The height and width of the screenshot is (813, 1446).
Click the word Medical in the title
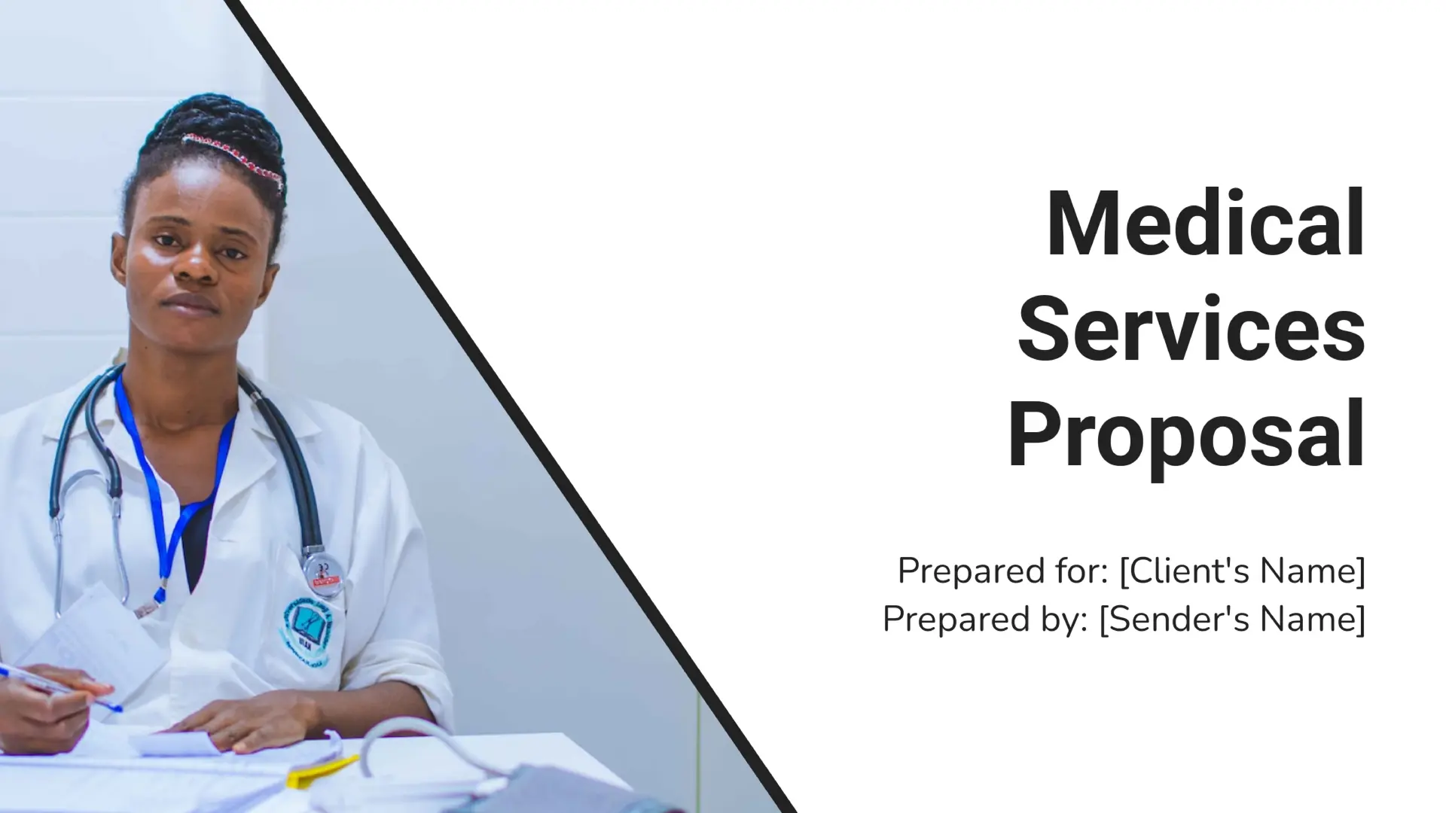click(x=1205, y=224)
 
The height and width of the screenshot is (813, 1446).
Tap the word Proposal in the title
click(x=1186, y=437)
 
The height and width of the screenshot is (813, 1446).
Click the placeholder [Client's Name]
click(x=1242, y=571)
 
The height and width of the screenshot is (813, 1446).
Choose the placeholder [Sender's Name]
click(x=1232, y=620)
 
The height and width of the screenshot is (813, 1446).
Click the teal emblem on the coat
click(x=309, y=625)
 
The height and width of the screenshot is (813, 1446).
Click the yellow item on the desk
click(x=320, y=772)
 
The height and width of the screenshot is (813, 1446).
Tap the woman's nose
click(x=197, y=263)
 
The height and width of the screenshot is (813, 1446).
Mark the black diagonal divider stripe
click(x=512, y=406)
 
